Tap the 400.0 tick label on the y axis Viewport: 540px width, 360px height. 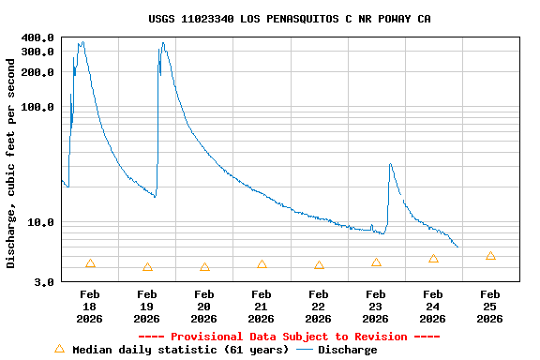39,37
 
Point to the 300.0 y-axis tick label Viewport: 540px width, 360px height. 39,52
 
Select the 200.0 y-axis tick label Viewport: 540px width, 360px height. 39,72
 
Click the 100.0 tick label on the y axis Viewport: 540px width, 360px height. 39,107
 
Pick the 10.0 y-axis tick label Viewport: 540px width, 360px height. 43,223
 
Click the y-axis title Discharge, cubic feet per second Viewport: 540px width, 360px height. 11,163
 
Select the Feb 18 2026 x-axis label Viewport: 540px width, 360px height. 90,307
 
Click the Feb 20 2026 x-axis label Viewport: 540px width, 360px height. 204,307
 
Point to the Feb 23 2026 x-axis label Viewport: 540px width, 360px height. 375,307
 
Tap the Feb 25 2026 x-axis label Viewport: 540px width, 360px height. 489,307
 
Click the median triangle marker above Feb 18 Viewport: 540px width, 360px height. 90,263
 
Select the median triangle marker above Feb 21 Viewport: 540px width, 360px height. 262,264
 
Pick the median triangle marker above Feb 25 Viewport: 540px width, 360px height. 490,256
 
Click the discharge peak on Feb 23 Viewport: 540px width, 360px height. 390,165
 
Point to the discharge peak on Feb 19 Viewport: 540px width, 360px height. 163,42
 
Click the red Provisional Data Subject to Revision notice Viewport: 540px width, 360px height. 289,337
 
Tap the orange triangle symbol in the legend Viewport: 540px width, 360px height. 59,349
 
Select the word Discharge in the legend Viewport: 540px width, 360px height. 347,350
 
